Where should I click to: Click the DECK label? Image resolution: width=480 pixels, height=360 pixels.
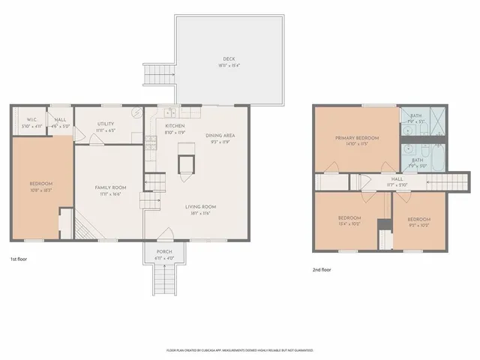(x=229, y=59)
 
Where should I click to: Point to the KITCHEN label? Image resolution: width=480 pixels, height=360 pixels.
(x=175, y=126)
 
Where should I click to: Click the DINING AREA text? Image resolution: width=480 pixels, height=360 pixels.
(x=220, y=136)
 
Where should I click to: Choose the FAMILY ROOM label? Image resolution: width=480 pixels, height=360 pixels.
(x=109, y=187)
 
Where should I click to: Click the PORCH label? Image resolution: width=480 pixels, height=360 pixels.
(x=163, y=251)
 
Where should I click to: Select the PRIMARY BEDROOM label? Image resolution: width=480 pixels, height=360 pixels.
(x=356, y=138)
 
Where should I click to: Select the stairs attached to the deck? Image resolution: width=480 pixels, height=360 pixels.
(x=158, y=73)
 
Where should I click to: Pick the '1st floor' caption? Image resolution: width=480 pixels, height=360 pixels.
(x=19, y=259)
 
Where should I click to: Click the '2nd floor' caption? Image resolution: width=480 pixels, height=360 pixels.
(x=322, y=269)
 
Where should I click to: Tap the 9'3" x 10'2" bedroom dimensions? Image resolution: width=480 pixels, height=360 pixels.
(x=418, y=224)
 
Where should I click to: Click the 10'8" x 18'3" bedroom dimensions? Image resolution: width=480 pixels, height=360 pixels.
(x=40, y=189)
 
